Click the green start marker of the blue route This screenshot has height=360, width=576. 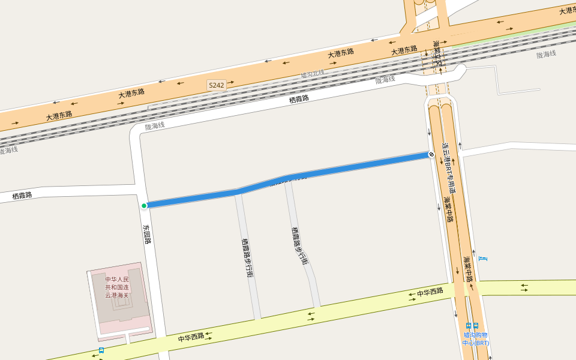[x=144, y=206]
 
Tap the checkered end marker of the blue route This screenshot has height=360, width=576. [x=431, y=155]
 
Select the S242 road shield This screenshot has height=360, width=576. [x=217, y=85]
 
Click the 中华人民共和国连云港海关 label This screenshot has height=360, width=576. [x=117, y=287]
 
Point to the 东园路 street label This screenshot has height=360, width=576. [x=147, y=234]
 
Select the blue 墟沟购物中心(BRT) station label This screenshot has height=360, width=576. [x=475, y=339]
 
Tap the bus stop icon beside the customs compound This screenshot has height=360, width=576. [x=101, y=350]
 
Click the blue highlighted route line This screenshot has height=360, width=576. [x=336, y=170]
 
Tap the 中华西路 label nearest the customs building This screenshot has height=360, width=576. [x=191, y=338]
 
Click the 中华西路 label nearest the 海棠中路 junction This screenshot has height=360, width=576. [x=429, y=292]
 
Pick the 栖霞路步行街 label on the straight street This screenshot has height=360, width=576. [x=247, y=258]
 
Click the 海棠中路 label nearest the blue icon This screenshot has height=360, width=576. [x=468, y=269]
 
